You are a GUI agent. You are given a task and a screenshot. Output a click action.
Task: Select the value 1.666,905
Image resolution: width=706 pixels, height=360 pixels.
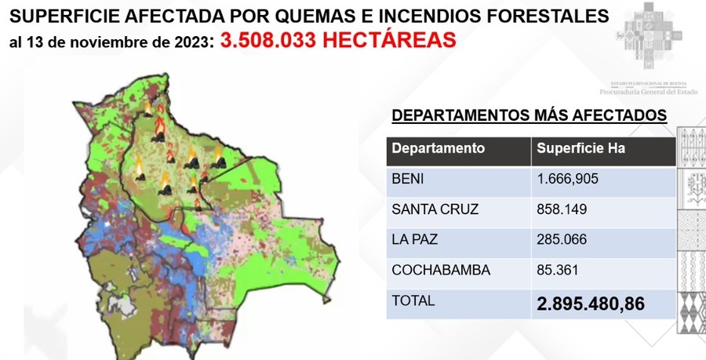pyautogui.click(x=568, y=179)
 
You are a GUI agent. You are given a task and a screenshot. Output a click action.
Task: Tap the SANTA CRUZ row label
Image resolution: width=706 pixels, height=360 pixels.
pyautogui.click(x=435, y=209)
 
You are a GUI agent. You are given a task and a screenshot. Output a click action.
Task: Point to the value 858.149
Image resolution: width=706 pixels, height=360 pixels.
pyautogui.click(x=562, y=209)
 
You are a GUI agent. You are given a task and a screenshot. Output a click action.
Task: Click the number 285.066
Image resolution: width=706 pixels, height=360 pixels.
pyautogui.click(x=562, y=240)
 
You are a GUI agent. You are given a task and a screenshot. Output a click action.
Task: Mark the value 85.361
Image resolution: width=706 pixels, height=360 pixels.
pyautogui.click(x=558, y=271)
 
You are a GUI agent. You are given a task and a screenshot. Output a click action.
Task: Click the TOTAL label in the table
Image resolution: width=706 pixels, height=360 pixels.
pyautogui.click(x=413, y=301)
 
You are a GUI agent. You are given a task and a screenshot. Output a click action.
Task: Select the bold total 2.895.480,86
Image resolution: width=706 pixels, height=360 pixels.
pyautogui.click(x=591, y=304)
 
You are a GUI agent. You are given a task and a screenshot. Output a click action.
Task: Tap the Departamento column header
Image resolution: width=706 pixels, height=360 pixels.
pyautogui.click(x=438, y=148)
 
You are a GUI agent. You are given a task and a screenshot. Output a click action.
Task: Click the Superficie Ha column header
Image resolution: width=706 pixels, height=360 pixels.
pyautogui.click(x=580, y=148)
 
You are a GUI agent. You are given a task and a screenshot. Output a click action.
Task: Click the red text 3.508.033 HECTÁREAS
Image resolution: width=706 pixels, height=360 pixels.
pyautogui.click(x=338, y=40)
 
